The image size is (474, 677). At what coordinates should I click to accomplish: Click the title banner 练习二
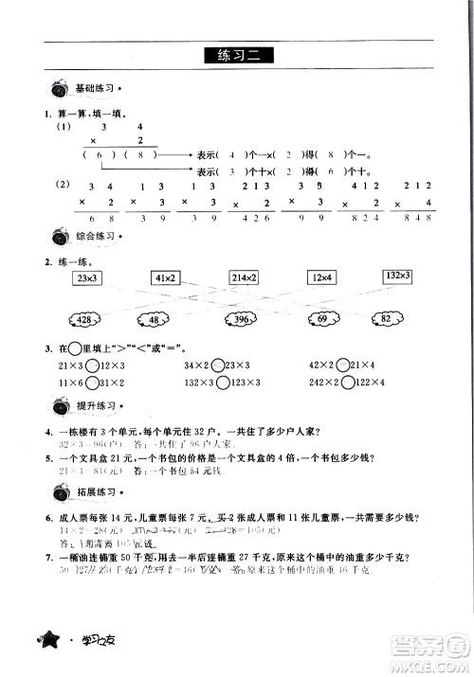point(237,54)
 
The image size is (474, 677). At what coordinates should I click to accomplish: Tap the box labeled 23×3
point(88,278)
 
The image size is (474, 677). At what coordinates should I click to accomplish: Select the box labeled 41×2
point(166,278)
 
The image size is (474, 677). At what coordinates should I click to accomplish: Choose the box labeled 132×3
point(397,276)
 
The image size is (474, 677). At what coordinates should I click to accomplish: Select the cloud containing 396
point(243,321)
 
